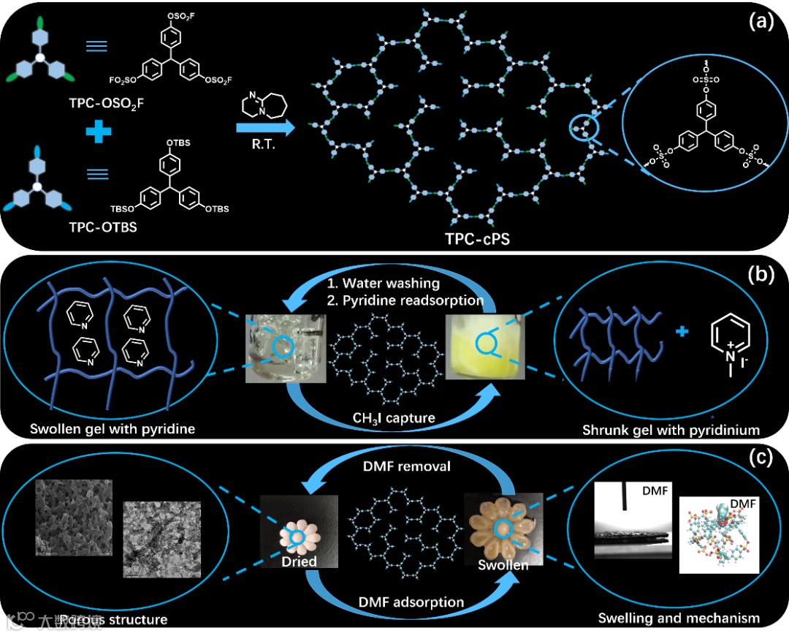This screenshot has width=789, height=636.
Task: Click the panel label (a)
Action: coord(761,22)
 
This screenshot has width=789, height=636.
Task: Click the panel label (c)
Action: coord(761,461)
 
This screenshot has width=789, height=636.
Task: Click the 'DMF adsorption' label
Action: coord(411,602)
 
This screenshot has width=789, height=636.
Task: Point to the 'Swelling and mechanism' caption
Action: coord(679,618)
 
